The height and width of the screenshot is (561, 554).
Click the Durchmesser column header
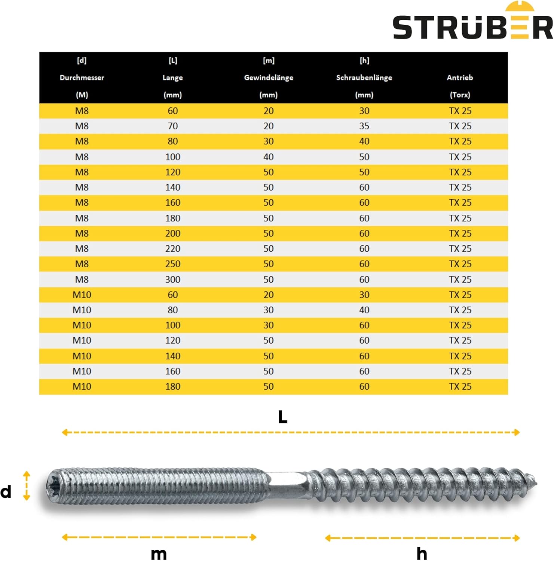click(x=82, y=78)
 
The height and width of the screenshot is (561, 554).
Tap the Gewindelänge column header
click(x=269, y=78)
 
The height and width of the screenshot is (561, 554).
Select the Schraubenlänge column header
click(x=364, y=78)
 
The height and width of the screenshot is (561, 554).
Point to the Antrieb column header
click(x=460, y=78)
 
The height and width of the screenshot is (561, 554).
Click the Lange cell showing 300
click(x=173, y=279)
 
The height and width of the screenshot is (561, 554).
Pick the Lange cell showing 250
click(x=173, y=264)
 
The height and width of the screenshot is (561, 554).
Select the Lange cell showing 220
click(x=173, y=249)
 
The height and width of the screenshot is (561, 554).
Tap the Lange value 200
click(x=173, y=233)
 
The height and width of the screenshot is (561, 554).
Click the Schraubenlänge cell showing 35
click(x=364, y=126)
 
